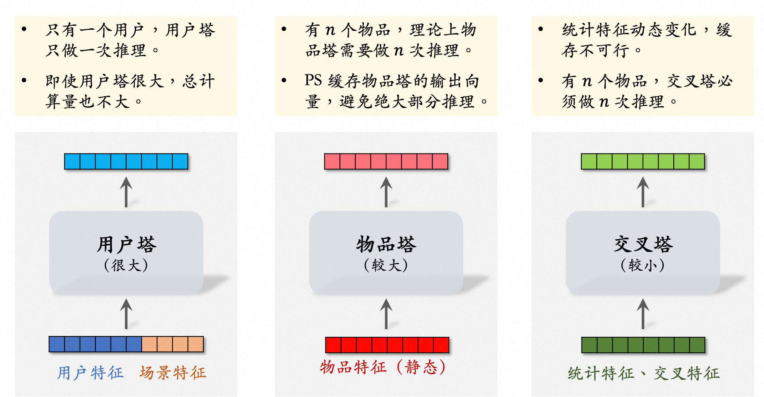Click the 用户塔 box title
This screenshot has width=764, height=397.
127,244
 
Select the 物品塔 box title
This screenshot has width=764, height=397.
386,244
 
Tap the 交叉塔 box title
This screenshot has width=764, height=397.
643,244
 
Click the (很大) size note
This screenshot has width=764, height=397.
126,265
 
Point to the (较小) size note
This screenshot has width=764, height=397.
643,265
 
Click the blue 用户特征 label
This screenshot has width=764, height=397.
90,373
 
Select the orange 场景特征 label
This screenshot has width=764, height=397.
173,373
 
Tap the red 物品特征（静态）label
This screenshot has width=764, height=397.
383,367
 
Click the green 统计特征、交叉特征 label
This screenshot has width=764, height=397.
644,373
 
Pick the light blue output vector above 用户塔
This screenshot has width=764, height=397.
126,162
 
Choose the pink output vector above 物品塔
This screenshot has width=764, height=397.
386,162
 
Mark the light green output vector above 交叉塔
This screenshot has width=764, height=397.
643,162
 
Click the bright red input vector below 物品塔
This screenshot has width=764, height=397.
387,345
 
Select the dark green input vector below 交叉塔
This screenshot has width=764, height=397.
643,345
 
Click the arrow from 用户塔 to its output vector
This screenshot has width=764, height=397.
126,192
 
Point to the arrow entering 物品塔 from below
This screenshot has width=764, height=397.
386,314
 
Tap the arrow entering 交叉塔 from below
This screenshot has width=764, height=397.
643,314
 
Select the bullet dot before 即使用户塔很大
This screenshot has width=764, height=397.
24,81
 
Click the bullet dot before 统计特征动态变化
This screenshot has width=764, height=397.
540,29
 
